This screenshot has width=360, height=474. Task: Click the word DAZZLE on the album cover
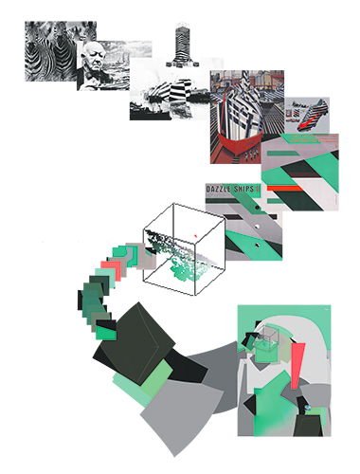(218, 190)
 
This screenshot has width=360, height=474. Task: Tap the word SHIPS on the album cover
(243, 190)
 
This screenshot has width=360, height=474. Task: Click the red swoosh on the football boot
(304, 125)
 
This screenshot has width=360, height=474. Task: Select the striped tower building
(182, 45)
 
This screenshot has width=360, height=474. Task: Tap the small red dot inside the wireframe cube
(195, 236)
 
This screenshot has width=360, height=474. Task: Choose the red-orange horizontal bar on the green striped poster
(285, 189)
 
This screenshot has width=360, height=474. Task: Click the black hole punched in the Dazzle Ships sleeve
(257, 208)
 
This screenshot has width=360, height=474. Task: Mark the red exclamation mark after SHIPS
(258, 190)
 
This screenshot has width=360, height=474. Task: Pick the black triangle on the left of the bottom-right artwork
(248, 405)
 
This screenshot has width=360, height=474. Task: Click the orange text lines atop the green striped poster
(313, 139)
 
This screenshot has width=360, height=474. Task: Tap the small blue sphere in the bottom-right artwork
(307, 408)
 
